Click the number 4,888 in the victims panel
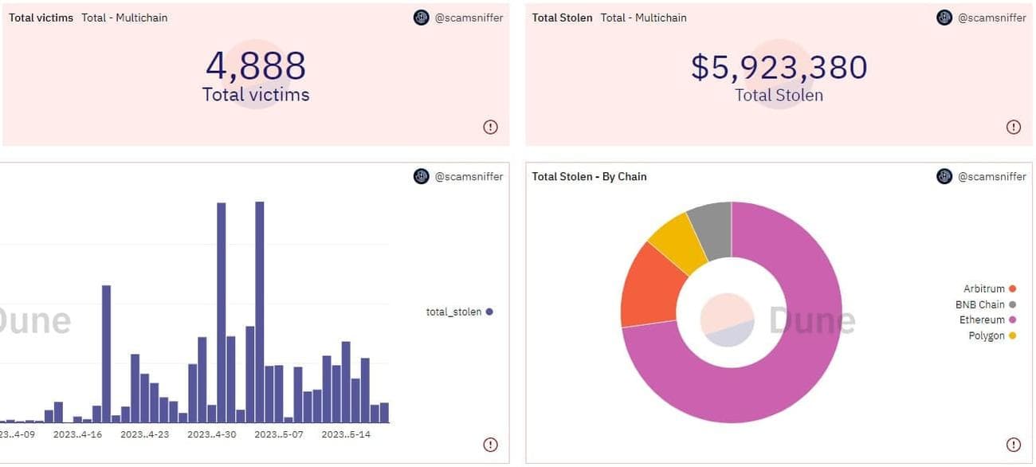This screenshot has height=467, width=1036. (255, 66)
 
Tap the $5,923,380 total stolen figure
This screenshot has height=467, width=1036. (779, 68)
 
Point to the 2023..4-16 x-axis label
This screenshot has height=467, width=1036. (77, 434)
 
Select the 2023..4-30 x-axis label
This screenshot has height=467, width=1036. (211, 434)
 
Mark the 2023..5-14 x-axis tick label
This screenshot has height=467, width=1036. (345, 434)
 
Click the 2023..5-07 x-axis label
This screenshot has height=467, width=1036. (278, 434)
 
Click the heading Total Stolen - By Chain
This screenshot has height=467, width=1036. (589, 176)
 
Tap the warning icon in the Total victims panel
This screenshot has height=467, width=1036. (490, 127)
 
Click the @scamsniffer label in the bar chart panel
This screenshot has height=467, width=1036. (469, 176)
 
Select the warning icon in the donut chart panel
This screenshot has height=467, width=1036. (1013, 445)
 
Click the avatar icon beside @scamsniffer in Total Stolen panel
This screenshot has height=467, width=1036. (944, 18)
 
